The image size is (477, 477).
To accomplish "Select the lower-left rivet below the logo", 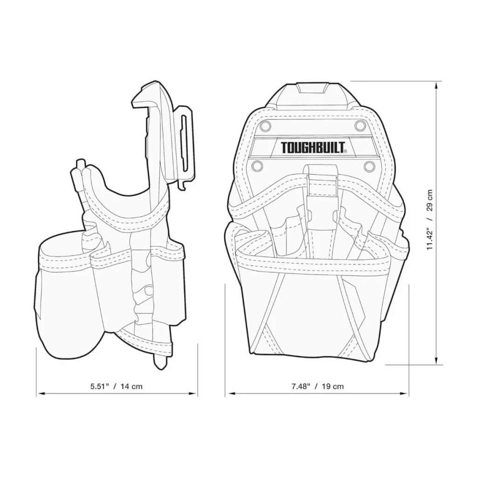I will [x=256, y=166].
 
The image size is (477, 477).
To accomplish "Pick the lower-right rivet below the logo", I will [x=369, y=166].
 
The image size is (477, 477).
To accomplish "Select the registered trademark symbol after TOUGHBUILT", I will [x=345, y=151].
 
